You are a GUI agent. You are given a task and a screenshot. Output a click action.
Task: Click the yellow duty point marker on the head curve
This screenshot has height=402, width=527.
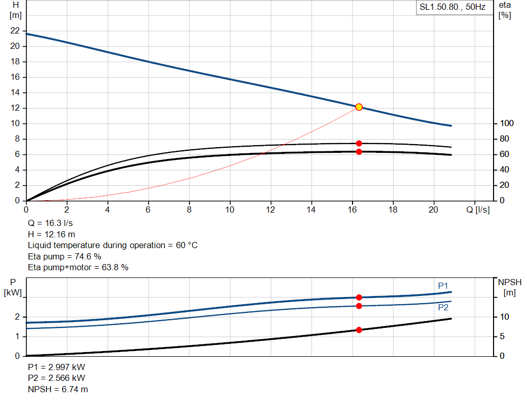(x=359, y=107)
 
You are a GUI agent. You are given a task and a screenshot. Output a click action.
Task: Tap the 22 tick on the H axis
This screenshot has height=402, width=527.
(x=14, y=31)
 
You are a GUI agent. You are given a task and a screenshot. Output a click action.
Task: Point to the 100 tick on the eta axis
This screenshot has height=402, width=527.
(x=507, y=124)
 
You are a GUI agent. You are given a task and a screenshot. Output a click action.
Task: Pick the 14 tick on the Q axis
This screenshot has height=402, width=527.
(x=311, y=209)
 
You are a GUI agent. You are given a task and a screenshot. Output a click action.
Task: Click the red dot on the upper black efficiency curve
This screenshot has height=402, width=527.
(x=359, y=143)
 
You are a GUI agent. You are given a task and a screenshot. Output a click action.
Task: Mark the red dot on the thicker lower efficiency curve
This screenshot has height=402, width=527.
(x=359, y=152)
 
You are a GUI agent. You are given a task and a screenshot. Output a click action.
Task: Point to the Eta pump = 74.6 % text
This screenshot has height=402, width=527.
(x=64, y=256)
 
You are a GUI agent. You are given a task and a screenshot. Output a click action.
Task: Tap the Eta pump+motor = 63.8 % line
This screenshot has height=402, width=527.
(x=78, y=267)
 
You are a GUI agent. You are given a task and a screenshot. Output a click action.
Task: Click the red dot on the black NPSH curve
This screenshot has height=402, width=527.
(x=359, y=330)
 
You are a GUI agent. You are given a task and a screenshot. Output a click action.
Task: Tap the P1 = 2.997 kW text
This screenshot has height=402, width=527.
(x=56, y=368)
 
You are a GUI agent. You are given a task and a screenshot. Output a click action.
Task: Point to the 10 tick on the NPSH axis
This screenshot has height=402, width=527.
(x=504, y=317)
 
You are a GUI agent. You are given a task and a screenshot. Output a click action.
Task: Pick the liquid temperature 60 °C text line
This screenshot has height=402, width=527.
(x=112, y=246)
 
